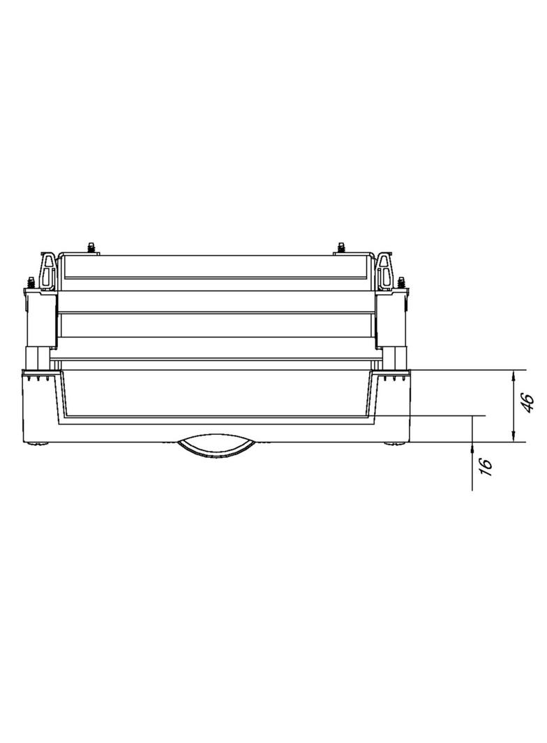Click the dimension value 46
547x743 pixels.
point(528,403)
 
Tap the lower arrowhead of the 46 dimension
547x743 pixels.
point(514,436)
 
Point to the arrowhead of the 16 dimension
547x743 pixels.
point(472,447)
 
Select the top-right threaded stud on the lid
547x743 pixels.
point(340,248)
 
